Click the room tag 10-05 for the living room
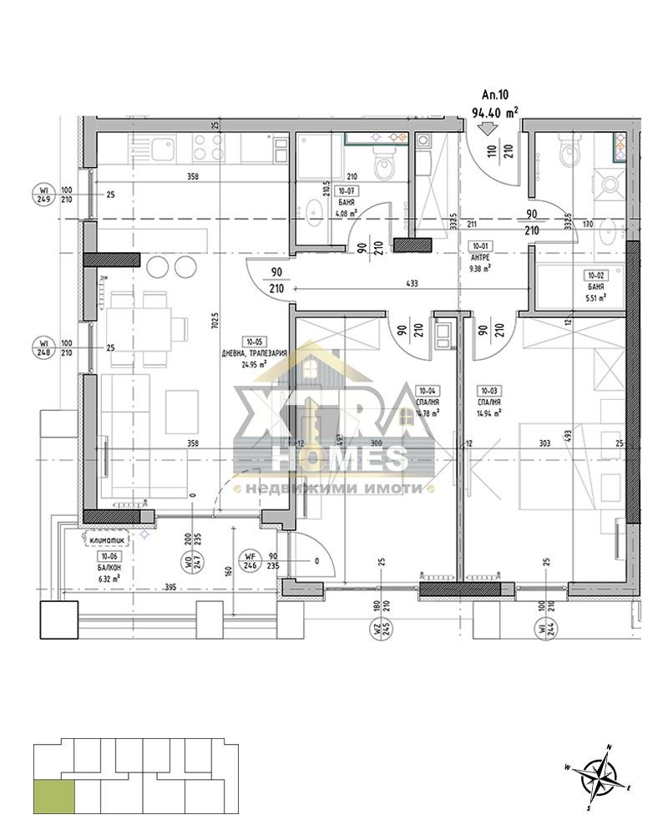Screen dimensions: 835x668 tap(252, 342)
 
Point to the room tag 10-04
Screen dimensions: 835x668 tap(427, 388)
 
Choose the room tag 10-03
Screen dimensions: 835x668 tap(487, 388)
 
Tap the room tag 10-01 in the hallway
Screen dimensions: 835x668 tap(478, 245)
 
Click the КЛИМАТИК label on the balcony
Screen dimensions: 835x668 tap(106, 540)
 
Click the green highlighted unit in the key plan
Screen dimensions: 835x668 tap(53, 795)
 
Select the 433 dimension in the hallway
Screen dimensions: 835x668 tap(411, 283)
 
